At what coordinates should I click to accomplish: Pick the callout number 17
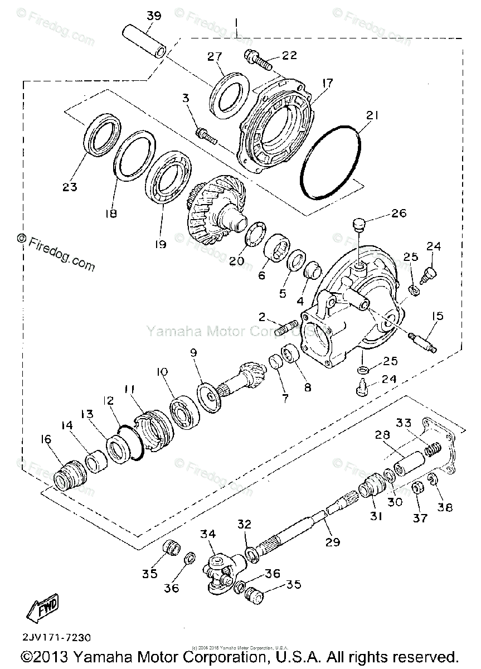(327, 84)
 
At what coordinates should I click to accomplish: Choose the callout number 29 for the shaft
(333, 541)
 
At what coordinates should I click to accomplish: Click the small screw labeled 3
(205, 134)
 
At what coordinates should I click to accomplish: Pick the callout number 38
(445, 507)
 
